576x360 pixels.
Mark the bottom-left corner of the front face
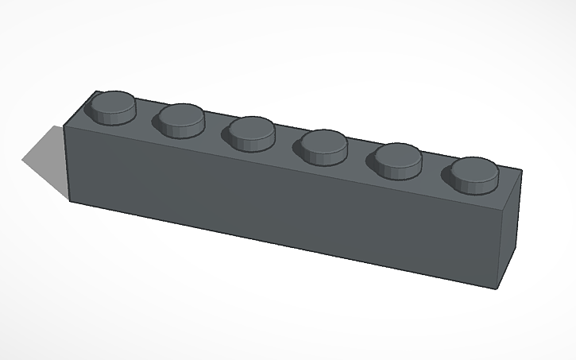pos(72,202)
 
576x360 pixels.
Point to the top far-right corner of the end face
pos(523,170)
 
